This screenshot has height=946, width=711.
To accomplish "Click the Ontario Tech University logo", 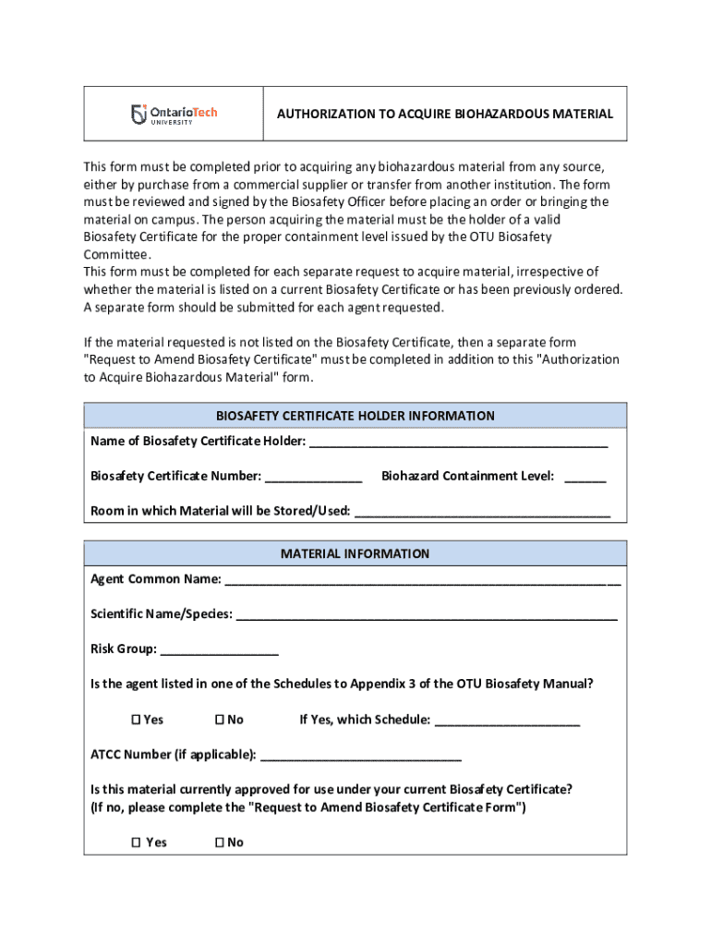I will (174, 114).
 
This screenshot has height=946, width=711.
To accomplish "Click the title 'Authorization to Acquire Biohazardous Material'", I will (445, 114).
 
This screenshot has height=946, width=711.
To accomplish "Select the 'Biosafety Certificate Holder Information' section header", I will (355, 416).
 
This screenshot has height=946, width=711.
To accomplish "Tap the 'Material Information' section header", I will (355, 553).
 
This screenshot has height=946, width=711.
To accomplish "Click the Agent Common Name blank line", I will (422, 582).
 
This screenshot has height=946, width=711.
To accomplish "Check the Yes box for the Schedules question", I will (135, 720).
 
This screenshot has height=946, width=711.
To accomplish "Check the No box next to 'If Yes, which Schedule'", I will (220, 720).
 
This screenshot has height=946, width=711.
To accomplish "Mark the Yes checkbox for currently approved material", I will (135, 843).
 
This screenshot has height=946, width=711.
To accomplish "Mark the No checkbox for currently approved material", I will (220, 843).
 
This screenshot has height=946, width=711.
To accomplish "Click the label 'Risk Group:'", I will (123, 649).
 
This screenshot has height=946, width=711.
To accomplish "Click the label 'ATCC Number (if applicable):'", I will (174, 755).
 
